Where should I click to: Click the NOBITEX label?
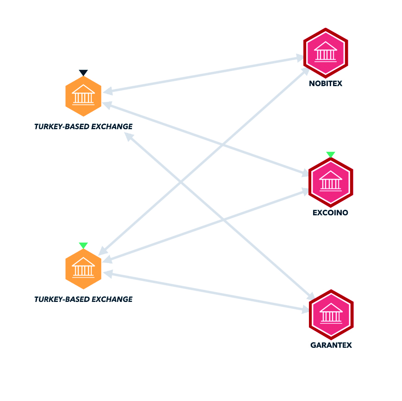pos(326,84)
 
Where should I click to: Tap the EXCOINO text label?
pos(330,213)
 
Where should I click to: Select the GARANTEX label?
pos(331,345)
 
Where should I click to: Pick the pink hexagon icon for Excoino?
pos(331,182)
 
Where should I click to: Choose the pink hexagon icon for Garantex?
pos(331,314)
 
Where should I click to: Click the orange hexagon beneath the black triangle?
pos(83,96)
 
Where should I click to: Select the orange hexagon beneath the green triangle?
pos(83,269)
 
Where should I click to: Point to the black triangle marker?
pos(83,73)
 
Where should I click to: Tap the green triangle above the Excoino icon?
pos(331,155)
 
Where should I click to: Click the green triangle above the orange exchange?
pos(83,245)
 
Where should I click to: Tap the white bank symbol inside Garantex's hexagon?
pos(331,313)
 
